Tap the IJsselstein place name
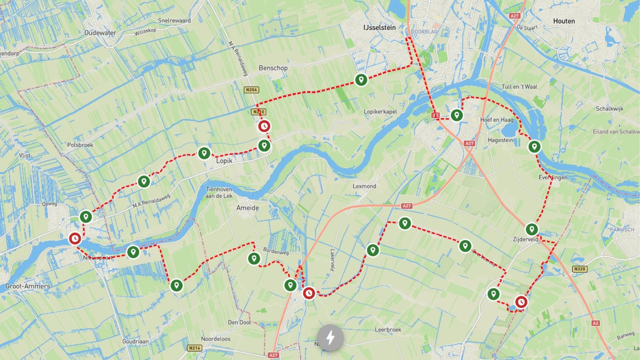379,27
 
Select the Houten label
564,21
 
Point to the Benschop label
273,68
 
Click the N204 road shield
251,90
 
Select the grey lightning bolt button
330,338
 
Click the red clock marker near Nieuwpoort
75,239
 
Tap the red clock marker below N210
264,126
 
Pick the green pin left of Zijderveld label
531,229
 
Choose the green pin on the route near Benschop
361,80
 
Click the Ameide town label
247,208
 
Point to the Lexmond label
365,186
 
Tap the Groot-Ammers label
27,286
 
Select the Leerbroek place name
388,330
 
